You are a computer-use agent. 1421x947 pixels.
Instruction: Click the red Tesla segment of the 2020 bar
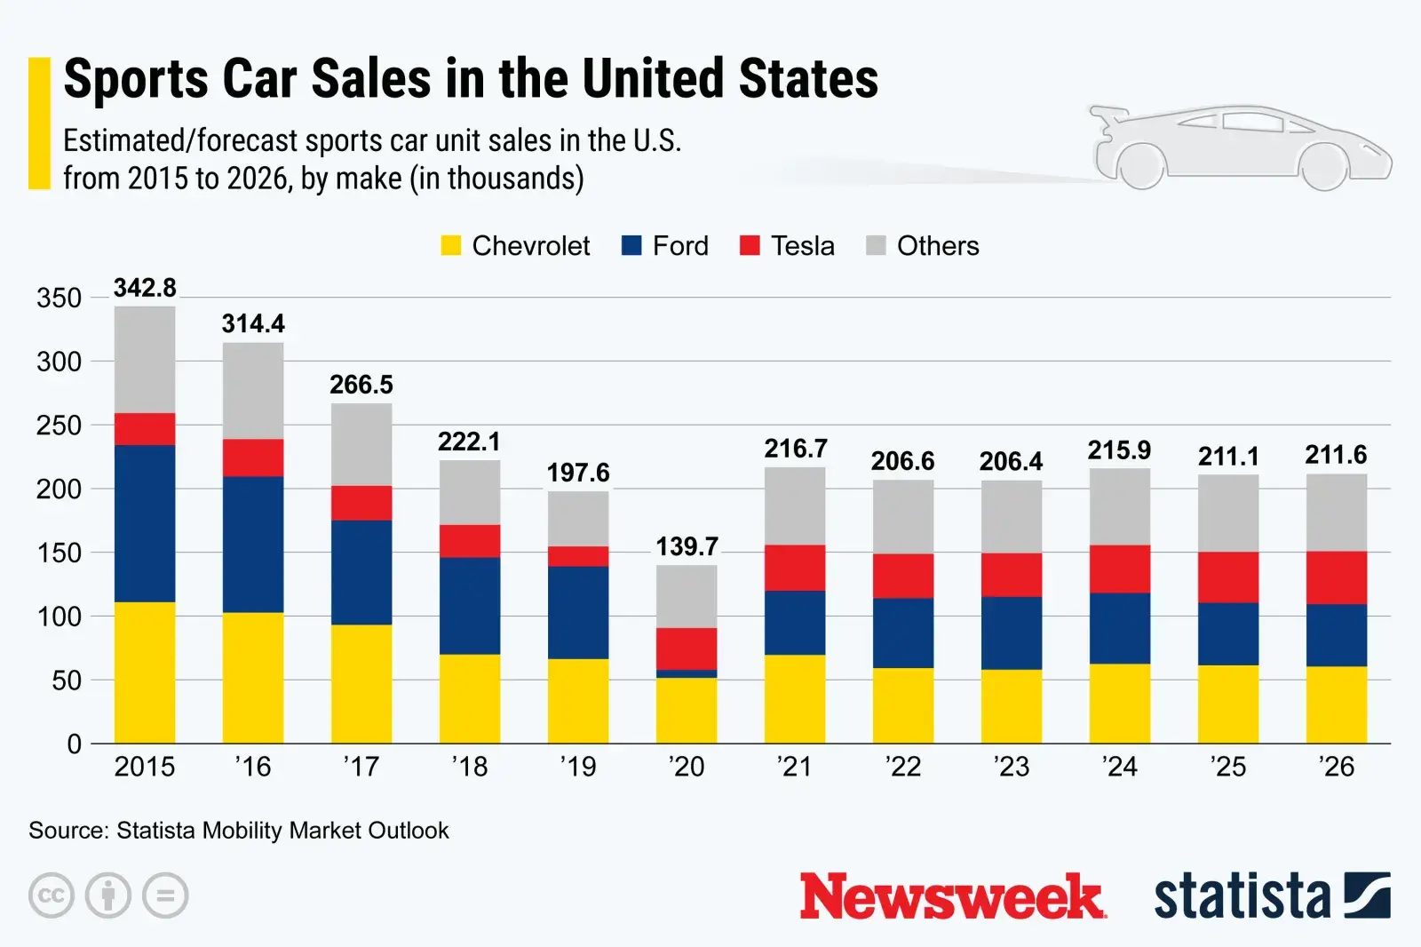tap(687, 649)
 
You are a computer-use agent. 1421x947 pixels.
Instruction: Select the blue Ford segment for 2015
tap(145, 523)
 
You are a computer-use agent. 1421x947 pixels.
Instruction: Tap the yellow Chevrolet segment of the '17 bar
tap(361, 683)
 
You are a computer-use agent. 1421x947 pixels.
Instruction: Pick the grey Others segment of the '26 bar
tap(1336, 513)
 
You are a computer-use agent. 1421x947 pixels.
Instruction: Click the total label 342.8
tap(145, 288)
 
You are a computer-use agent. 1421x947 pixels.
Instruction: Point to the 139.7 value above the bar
tap(687, 546)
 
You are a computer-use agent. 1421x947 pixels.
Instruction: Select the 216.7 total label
tap(795, 449)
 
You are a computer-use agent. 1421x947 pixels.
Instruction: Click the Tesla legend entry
tap(787, 246)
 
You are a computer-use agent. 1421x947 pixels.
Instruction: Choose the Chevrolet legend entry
tap(515, 246)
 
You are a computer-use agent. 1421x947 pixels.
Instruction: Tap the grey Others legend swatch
tap(876, 246)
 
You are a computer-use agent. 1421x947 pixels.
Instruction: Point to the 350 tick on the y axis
tap(59, 298)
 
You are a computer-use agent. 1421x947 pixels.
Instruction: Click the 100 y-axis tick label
tap(59, 617)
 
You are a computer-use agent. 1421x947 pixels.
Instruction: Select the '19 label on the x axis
tap(578, 767)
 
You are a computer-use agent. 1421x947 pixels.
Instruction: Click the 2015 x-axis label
tap(145, 767)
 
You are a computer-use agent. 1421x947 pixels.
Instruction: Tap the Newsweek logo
tap(952, 896)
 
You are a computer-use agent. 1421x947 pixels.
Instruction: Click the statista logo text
tap(1242, 896)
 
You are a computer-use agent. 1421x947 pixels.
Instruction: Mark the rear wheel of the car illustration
tap(1140, 166)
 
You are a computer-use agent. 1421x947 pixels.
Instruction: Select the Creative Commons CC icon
tap(52, 895)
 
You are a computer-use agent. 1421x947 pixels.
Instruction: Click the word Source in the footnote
tap(67, 831)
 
